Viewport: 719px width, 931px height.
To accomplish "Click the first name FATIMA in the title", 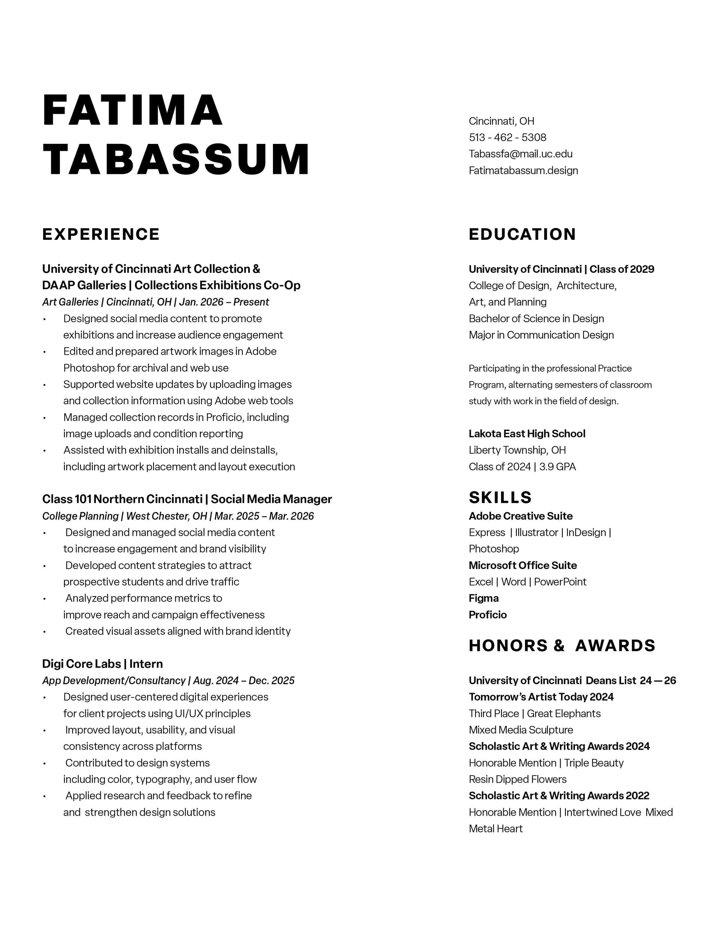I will (x=133, y=110).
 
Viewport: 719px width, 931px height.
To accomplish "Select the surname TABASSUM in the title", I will (x=176, y=160).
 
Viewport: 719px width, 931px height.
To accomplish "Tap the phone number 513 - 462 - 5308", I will (x=507, y=137).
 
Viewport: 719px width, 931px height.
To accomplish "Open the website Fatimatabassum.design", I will (x=523, y=170).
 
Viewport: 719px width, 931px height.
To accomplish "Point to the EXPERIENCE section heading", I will (x=101, y=235).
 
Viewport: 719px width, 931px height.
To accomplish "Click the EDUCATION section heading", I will (x=522, y=235).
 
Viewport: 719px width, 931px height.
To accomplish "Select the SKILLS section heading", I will (x=500, y=498).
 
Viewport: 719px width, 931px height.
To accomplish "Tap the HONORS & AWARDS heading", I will (x=562, y=646).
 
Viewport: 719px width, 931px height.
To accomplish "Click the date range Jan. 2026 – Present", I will (x=224, y=302).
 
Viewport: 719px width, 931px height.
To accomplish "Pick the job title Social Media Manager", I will (x=271, y=499).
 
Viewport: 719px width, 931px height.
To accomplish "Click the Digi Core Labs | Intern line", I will (x=102, y=664).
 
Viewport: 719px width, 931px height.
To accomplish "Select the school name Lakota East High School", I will (x=527, y=433).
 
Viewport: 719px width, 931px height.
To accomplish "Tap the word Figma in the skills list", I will (x=483, y=598).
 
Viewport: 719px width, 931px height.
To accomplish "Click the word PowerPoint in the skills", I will (x=560, y=582).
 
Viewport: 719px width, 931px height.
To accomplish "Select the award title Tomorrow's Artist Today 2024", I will (x=541, y=697).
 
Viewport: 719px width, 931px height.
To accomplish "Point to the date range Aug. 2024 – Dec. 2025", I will (x=243, y=680).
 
